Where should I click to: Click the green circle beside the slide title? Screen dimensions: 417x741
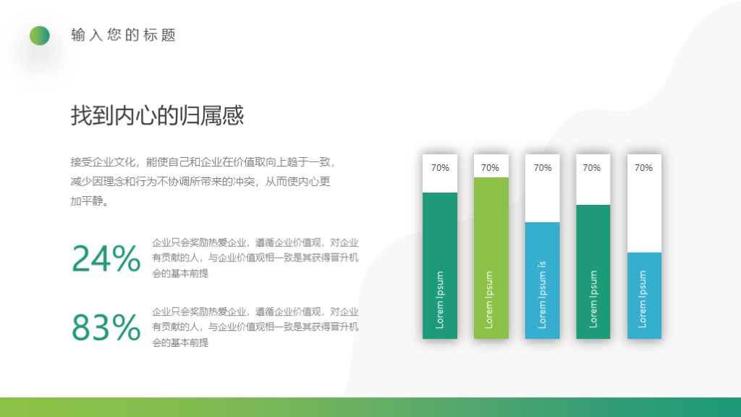coord(40,35)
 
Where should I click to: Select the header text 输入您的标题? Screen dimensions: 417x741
coord(124,35)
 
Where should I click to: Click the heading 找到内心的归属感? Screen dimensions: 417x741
coord(157,116)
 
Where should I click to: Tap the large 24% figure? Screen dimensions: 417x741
coord(106,259)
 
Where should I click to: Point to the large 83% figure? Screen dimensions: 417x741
coord(106,328)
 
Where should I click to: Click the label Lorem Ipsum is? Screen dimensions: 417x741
coord(543,295)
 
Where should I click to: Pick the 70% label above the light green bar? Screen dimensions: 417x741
coord(491,168)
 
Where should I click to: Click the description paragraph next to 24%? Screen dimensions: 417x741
coord(255,258)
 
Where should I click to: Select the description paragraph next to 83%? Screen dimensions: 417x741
coord(255,327)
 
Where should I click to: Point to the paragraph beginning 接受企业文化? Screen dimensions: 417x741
coord(203,182)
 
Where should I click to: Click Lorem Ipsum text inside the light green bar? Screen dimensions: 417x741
coord(490,300)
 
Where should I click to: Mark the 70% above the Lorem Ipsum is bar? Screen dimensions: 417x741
coord(543,168)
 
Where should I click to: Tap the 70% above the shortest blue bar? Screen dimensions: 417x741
coord(644,168)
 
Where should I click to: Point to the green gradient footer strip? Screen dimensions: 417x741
coord(370,407)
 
